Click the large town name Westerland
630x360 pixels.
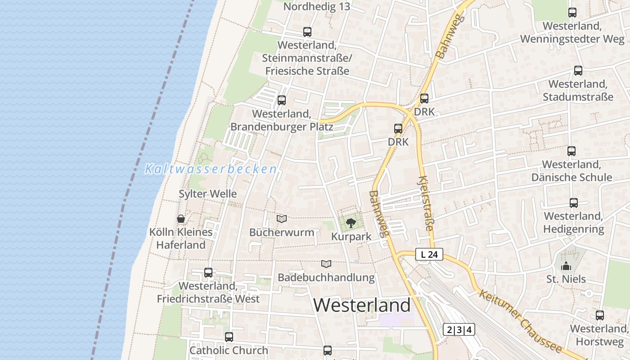(362, 305)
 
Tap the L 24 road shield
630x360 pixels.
(429, 255)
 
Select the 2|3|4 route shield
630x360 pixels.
(459, 330)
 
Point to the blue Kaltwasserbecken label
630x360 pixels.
(211, 169)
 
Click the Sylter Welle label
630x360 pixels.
(207, 194)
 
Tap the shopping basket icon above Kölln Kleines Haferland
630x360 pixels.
(181, 219)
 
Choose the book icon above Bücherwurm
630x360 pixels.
(282, 219)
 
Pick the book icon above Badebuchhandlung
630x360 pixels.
(326, 264)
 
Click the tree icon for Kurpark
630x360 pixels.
(351, 223)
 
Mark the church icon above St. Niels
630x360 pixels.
(566, 266)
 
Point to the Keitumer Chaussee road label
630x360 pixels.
(520, 321)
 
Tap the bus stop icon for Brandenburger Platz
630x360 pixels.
(282, 100)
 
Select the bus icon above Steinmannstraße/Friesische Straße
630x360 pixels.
(307, 32)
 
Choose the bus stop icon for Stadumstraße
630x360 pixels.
(578, 71)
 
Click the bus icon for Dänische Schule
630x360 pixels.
(571, 151)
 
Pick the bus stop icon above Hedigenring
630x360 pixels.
(574, 203)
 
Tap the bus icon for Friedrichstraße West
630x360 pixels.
(208, 273)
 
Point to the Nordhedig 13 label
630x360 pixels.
(317, 7)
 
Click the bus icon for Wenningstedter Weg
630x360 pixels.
(572, 13)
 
